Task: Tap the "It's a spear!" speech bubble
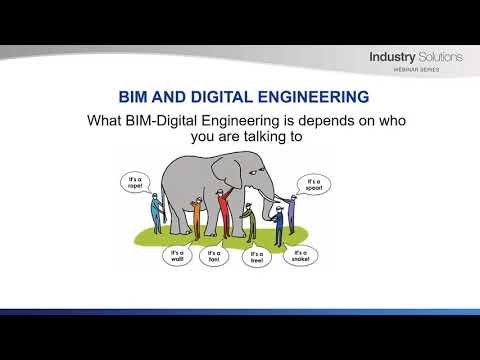310,185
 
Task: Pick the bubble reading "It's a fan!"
214,257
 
